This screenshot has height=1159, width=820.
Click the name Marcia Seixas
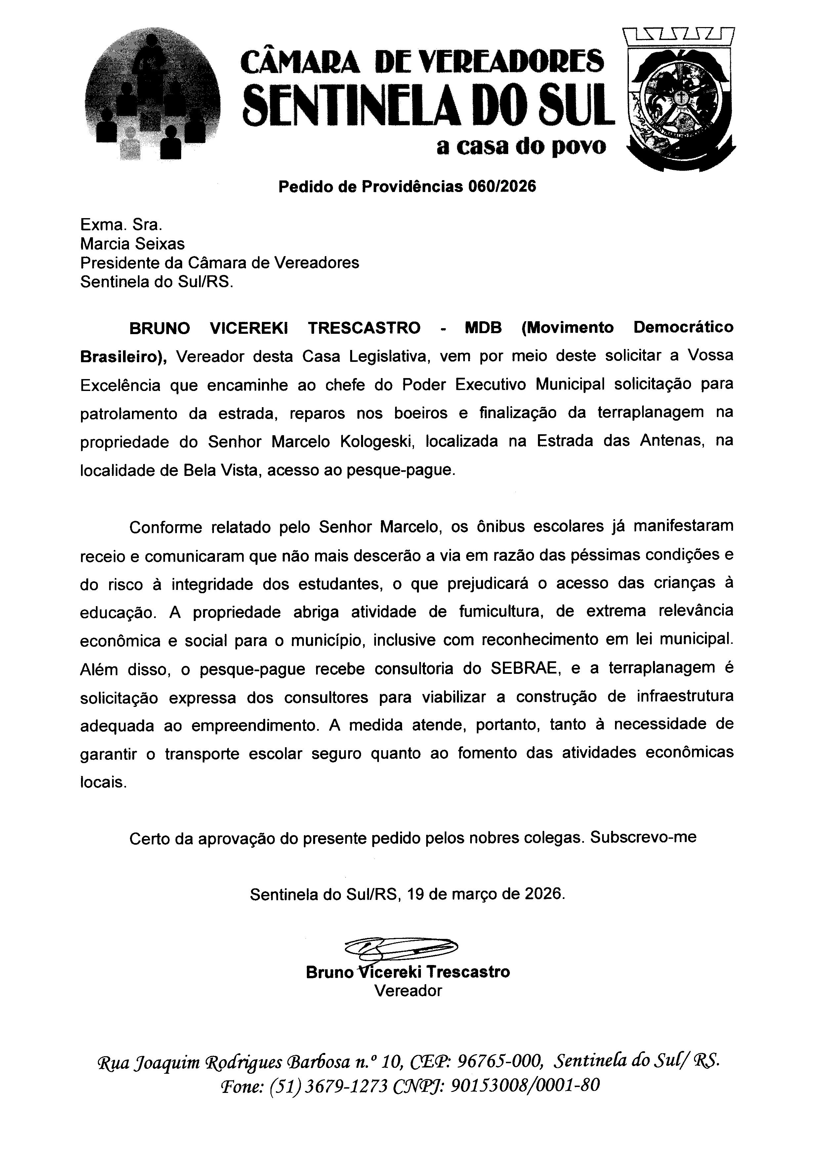click(x=132, y=244)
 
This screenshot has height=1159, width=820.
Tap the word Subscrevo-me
click(x=643, y=837)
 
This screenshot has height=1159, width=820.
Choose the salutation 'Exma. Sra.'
click(x=121, y=225)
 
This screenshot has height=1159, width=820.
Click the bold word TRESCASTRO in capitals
click(x=364, y=328)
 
